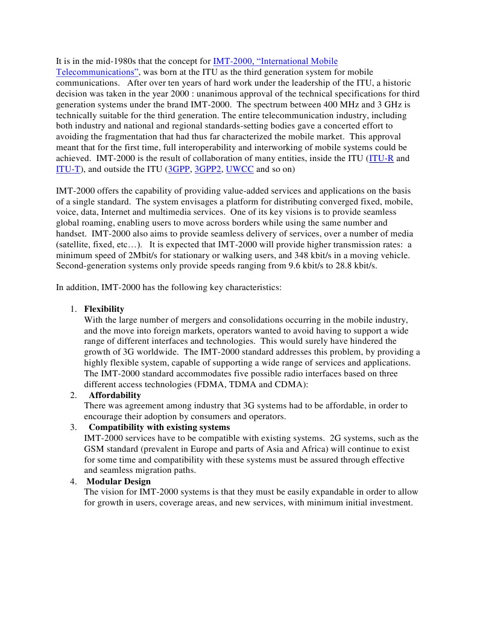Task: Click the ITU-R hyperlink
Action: point(382,159)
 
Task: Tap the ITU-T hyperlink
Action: point(68,169)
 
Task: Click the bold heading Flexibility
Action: point(104,309)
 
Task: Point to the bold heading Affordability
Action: point(115,395)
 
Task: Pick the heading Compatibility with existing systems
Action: point(159,427)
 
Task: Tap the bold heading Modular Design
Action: point(118,481)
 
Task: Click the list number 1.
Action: point(72,309)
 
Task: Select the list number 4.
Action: point(72,481)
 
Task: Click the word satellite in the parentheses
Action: point(74,245)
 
